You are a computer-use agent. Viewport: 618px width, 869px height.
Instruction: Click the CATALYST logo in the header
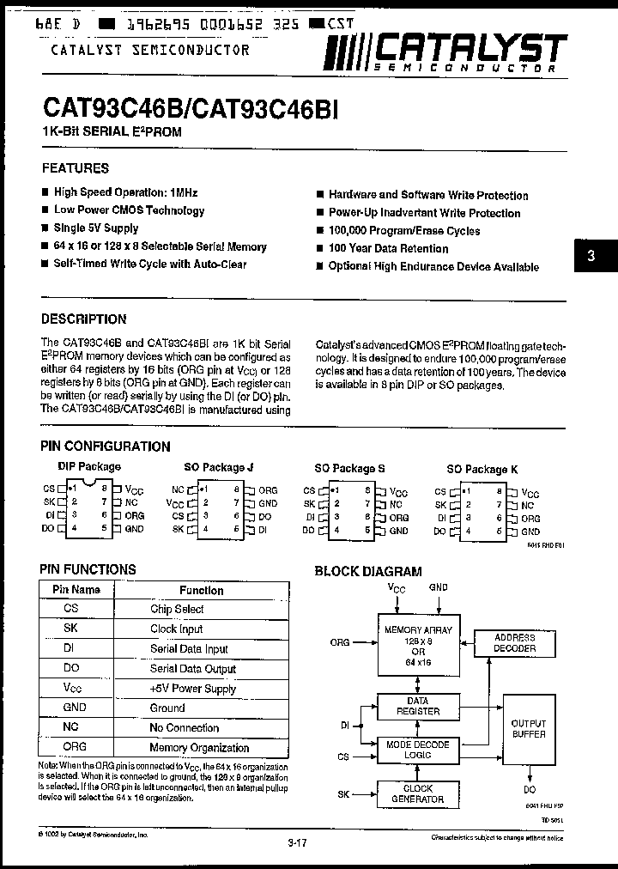click(x=445, y=52)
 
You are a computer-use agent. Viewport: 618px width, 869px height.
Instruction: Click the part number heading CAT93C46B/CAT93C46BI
click(x=190, y=109)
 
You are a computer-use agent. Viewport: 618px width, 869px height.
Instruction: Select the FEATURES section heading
click(x=76, y=168)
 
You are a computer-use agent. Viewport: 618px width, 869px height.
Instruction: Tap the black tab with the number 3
click(x=591, y=256)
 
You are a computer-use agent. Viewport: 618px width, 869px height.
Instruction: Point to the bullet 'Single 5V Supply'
click(x=95, y=228)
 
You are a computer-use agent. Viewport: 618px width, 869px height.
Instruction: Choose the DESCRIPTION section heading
click(x=84, y=319)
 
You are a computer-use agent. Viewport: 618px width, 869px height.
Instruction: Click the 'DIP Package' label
click(x=89, y=466)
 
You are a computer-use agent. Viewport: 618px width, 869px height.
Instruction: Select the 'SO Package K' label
click(x=482, y=469)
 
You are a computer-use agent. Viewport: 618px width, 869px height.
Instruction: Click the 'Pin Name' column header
click(x=76, y=590)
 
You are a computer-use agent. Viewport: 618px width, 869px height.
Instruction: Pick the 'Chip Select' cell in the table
click(x=177, y=609)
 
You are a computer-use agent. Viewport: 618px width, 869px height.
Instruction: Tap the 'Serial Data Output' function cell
click(x=192, y=669)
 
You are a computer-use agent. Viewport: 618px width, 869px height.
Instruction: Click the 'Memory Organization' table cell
click(x=199, y=747)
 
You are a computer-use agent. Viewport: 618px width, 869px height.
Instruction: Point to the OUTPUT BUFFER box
click(x=528, y=729)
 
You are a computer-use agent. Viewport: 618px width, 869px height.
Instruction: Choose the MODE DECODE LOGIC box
click(x=417, y=748)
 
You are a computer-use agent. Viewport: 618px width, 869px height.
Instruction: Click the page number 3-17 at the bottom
click(x=297, y=843)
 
